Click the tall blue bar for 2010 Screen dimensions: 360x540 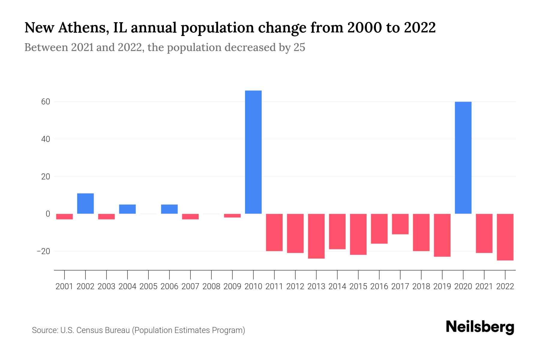click(253, 152)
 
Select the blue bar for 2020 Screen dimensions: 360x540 click(463, 158)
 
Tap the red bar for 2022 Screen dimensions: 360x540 click(505, 237)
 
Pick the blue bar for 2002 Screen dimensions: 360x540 click(85, 203)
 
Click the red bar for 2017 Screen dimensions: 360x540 click(400, 224)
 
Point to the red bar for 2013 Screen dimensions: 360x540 click(316, 236)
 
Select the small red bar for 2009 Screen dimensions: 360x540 click(232, 216)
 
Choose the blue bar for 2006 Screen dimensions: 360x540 click(169, 209)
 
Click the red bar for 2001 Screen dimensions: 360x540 click(64, 217)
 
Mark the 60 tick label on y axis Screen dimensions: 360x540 click(46, 102)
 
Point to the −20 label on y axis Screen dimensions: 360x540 click(43, 251)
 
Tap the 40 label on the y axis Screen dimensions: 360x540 click(46, 139)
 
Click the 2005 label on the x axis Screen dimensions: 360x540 click(148, 286)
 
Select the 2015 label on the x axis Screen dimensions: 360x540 click(358, 286)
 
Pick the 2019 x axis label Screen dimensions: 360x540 click(442, 286)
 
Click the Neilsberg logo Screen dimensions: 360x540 click(480, 327)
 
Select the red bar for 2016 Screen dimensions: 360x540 click(379, 229)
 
